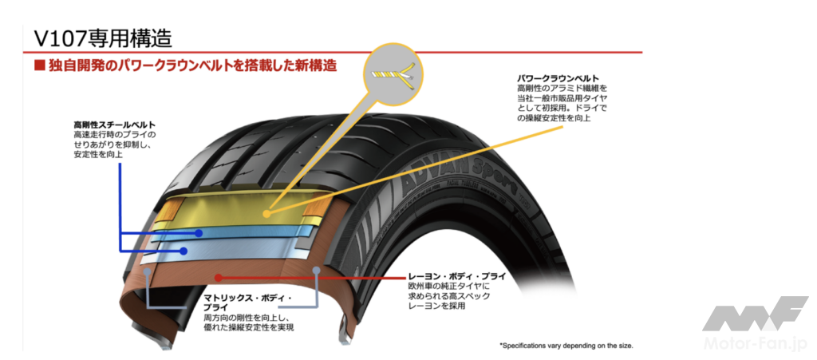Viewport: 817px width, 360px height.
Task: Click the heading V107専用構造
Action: tap(103, 38)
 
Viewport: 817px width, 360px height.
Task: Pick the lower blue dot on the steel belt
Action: tap(184, 250)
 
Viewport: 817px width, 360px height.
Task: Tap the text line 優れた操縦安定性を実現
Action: tap(249, 327)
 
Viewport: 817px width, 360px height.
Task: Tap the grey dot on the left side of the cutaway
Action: tap(149, 274)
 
